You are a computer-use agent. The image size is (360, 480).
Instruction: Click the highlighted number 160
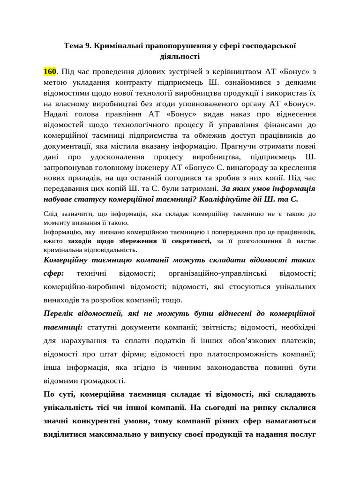(x=49, y=72)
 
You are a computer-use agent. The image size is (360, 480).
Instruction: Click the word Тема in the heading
(x=74, y=46)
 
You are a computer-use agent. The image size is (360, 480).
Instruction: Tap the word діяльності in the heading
(x=180, y=57)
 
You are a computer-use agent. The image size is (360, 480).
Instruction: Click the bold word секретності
(x=191, y=241)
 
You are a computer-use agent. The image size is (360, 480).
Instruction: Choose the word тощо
(x=172, y=300)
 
